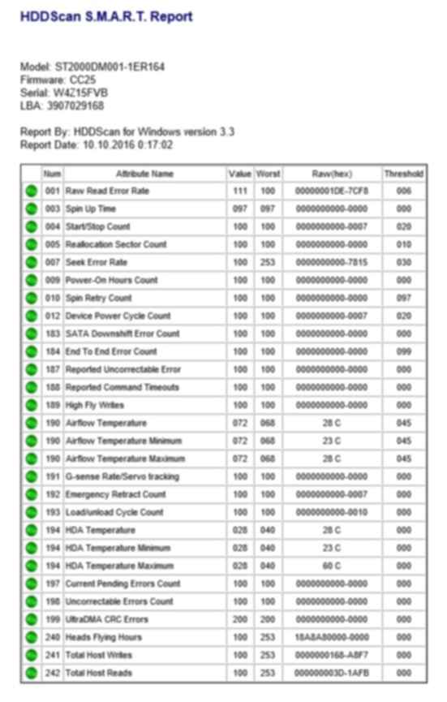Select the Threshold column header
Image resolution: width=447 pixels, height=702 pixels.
coord(403,174)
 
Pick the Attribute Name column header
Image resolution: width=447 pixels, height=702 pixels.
coord(144,174)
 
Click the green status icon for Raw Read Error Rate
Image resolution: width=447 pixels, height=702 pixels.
coord(31,191)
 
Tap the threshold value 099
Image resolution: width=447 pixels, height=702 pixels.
coord(403,351)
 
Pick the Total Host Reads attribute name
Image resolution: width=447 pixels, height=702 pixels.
coord(99,673)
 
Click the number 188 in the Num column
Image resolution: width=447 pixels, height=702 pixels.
coord(53,387)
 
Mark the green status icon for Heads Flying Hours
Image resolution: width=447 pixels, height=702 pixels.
coord(31,637)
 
